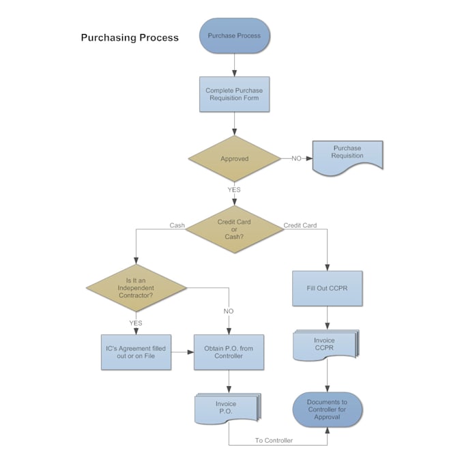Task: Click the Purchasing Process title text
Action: point(130,38)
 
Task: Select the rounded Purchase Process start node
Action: point(234,35)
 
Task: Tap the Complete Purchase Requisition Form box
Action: point(234,94)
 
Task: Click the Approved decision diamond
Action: point(234,158)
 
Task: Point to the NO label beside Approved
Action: point(296,158)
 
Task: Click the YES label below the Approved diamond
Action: point(234,190)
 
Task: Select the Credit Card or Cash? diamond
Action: point(234,229)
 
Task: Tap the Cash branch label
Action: point(177,225)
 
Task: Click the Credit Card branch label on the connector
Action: point(300,225)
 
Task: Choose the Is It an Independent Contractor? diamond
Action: point(135,287)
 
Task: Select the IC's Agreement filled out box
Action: point(135,352)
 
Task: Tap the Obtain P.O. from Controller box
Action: point(228,352)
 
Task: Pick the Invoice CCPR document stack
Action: point(325,345)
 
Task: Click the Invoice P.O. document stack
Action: point(227,407)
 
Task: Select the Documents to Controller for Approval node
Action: point(327,409)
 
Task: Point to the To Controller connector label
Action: point(274,440)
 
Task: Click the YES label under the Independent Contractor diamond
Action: point(135,323)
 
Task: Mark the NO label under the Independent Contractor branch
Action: point(228,311)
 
